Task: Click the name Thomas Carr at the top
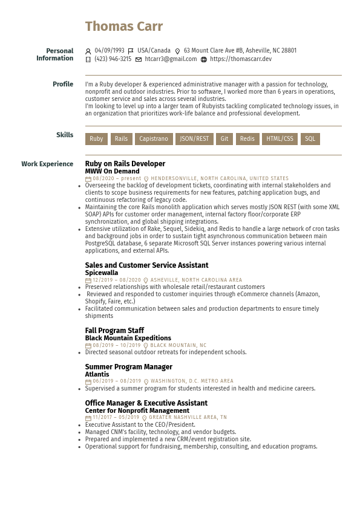click(x=124, y=27)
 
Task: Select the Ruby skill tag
click(x=96, y=139)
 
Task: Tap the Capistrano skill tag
click(x=154, y=139)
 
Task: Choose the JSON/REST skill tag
click(x=194, y=139)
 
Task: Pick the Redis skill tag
click(x=247, y=139)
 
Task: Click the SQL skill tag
click(x=310, y=139)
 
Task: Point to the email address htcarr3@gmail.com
click(x=171, y=59)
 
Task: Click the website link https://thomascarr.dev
click(x=241, y=59)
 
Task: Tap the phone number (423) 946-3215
click(x=113, y=59)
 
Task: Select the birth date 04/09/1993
click(x=110, y=51)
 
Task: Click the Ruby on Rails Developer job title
click(x=125, y=164)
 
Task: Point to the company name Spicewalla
click(x=102, y=273)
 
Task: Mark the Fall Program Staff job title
click(x=114, y=331)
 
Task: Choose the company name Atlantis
click(x=97, y=374)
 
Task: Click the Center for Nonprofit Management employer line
click(x=137, y=410)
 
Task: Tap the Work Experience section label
click(x=47, y=164)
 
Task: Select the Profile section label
click(x=63, y=84)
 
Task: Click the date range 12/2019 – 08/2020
click(x=117, y=280)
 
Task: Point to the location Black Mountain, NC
click(x=178, y=346)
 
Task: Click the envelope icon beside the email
click(x=139, y=60)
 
